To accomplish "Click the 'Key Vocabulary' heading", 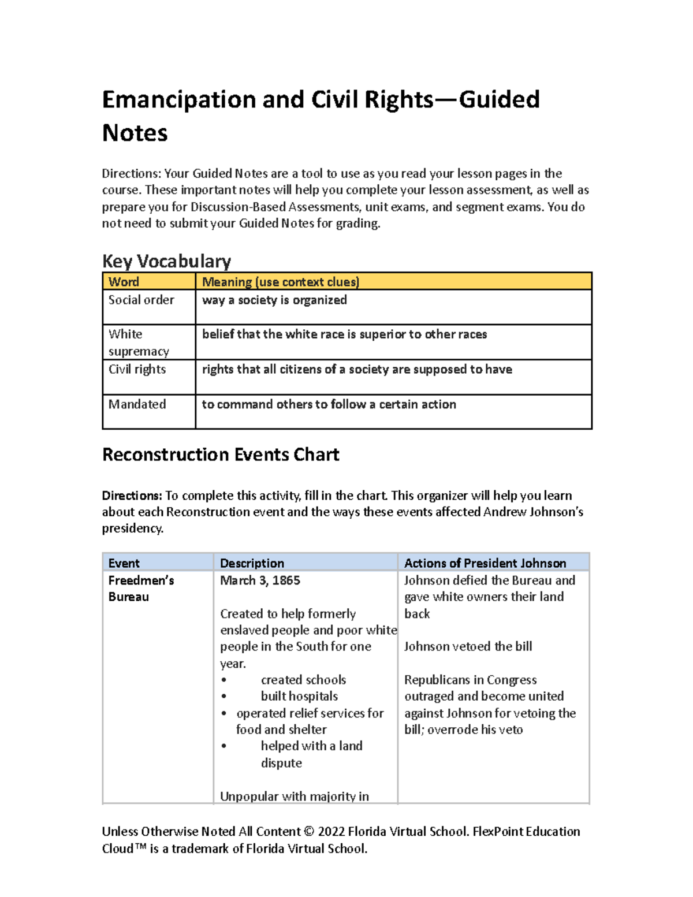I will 166,261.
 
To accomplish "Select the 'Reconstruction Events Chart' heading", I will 220,455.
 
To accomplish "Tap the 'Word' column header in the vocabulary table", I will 124,282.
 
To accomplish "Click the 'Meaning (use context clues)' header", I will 280,282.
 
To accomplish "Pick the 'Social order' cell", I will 141,300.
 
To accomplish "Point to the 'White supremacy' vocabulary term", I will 139,343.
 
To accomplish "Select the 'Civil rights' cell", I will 137,369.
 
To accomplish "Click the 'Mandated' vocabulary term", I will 137,404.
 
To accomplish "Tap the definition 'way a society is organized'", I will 274,300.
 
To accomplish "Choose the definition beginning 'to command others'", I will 329,404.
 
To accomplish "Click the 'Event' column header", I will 124,563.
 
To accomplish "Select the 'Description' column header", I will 252,563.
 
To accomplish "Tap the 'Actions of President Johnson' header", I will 485,563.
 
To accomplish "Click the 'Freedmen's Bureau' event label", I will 140,589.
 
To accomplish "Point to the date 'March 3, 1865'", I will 260,580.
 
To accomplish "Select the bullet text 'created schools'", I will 303,680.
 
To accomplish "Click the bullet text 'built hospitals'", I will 299,697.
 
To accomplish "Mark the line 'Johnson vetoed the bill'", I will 468,646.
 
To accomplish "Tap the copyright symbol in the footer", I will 309,832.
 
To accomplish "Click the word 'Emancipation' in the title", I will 178,99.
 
